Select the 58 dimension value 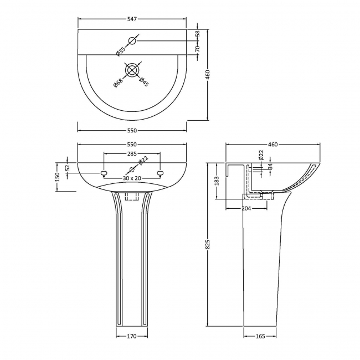(x=197, y=34)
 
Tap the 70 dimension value (x=197, y=48)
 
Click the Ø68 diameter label (x=118, y=81)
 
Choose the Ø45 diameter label (x=144, y=81)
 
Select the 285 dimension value (x=132, y=153)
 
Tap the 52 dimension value (x=68, y=167)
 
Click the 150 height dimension (x=57, y=177)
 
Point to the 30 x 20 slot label (x=132, y=178)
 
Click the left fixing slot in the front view (x=104, y=174)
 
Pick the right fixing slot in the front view (x=160, y=174)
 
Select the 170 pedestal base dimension (x=132, y=336)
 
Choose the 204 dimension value (x=247, y=208)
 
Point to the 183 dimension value (x=217, y=181)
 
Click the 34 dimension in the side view (x=270, y=166)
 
